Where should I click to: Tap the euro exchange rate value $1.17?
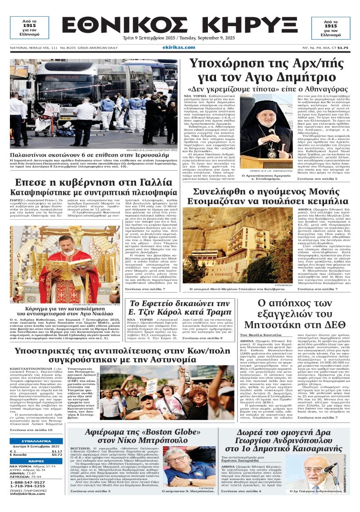coord(57,451)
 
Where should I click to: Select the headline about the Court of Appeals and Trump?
coord(180,308)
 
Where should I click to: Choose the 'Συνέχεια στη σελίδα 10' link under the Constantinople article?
coord(31,430)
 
